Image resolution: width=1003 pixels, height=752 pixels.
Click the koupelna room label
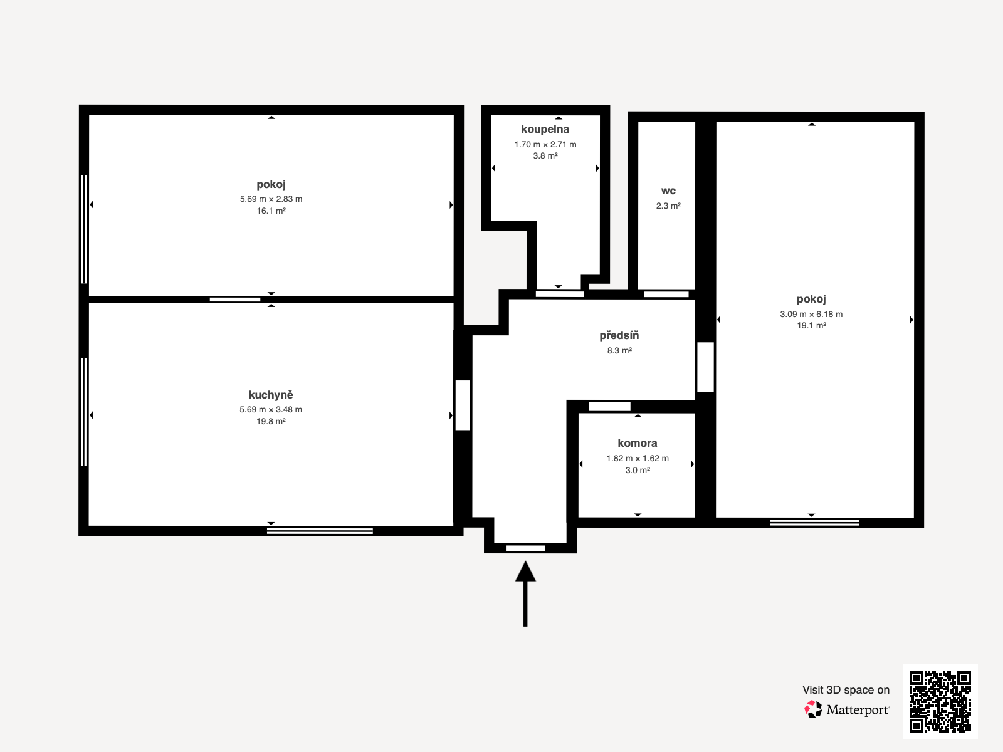coord(545,129)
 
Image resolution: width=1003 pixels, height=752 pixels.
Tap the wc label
coord(668,191)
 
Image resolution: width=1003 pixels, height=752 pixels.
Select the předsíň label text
coord(619,335)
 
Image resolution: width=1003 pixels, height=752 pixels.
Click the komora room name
coord(637,443)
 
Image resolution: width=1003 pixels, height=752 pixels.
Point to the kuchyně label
coord(271,395)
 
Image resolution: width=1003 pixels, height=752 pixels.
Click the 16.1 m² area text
coord(271,211)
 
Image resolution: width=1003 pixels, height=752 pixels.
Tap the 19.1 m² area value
coord(811,325)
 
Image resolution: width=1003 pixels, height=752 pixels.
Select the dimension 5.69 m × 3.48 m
coord(271,409)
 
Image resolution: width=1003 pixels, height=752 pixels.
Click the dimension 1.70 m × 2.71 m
coord(545,144)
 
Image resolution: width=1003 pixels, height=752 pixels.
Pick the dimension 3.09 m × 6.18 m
coord(811,314)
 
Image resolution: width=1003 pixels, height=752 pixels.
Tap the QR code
coord(940,701)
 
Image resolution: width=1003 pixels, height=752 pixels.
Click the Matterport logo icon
coord(813,709)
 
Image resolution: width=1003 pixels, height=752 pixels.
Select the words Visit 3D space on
coord(846,689)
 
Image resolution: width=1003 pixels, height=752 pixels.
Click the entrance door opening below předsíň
coord(525,548)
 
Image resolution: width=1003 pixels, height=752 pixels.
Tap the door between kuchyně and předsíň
coord(463,405)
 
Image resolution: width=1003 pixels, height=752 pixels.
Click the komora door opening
coord(609,407)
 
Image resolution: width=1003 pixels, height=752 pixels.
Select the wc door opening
coord(666,294)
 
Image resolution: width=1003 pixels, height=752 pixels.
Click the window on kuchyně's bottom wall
coord(320,531)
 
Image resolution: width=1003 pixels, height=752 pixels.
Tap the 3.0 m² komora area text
coord(637,470)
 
